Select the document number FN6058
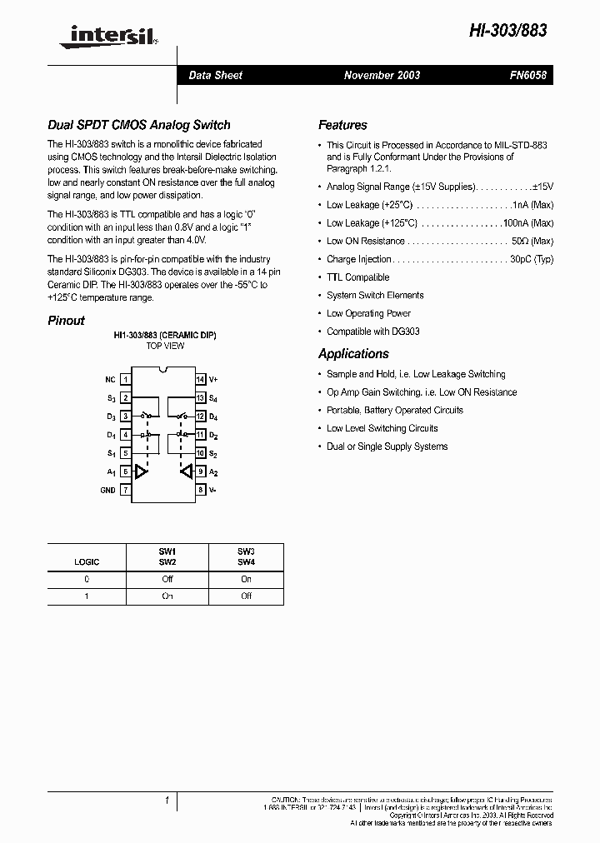pos(527,75)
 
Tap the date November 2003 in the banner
pos(382,75)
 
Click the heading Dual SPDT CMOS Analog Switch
pos(138,125)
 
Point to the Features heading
pos(342,125)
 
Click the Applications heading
pos(353,353)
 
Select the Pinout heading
pos(66,321)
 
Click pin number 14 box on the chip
pos(200,379)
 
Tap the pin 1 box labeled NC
pos(126,379)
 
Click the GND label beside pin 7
pos(107,491)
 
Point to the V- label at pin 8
pos(213,491)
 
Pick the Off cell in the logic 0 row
pos(167,579)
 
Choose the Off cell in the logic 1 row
pos(246,596)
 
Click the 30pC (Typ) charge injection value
pos(532,259)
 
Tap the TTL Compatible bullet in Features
pos(357,277)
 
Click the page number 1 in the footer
pos(167,801)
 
